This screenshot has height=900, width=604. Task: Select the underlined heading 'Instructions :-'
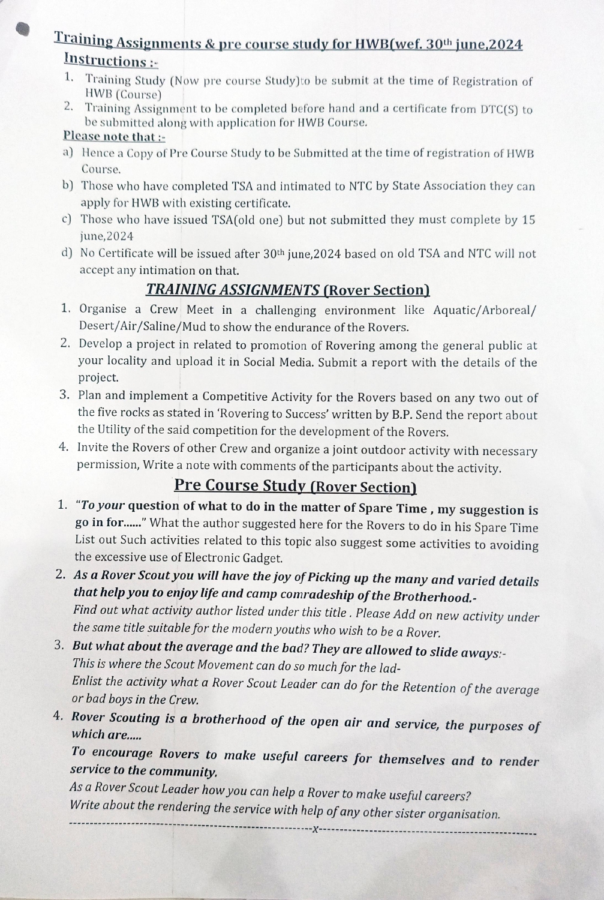pos(110,61)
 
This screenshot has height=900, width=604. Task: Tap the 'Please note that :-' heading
pos(114,137)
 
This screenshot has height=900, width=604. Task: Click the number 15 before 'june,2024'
pos(528,220)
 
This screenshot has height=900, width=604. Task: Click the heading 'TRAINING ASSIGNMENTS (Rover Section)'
pos(288,290)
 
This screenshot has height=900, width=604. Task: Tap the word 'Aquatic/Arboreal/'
pos(485,310)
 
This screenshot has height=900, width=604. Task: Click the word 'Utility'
pos(116,430)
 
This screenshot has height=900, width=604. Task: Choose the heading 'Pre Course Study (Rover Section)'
pos(295,485)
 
